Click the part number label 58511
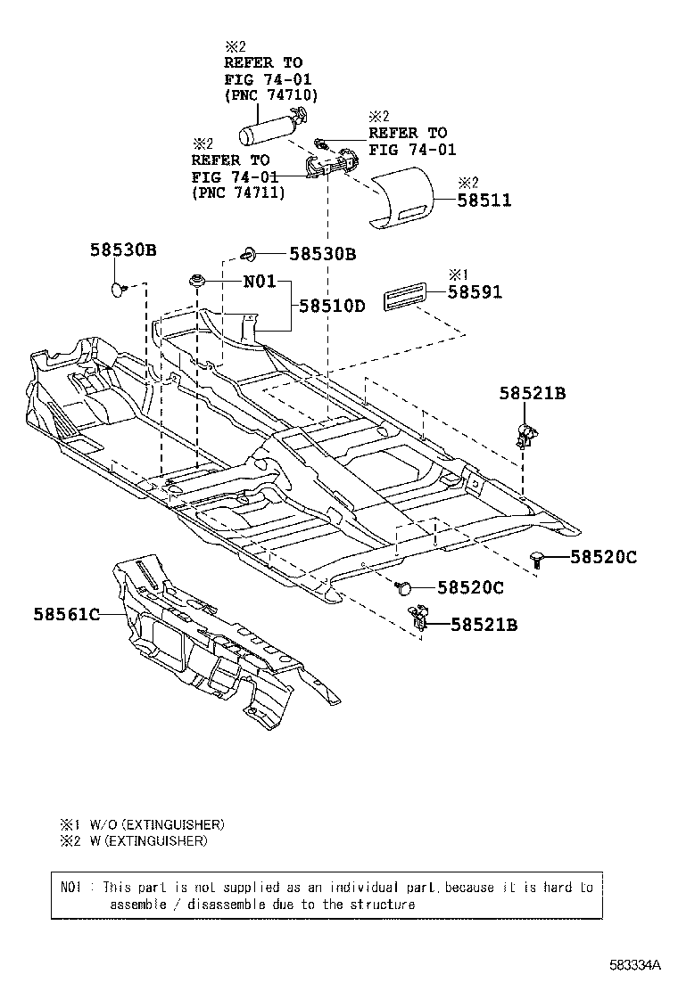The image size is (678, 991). [x=485, y=201]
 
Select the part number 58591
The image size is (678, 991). [x=475, y=291]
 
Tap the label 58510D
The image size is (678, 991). [x=332, y=306]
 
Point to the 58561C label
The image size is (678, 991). [x=66, y=613]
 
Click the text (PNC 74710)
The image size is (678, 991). [x=270, y=94]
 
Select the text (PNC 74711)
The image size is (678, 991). [x=238, y=192]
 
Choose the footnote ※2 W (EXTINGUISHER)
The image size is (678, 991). [x=134, y=840]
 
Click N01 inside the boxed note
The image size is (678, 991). [x=70, y=888]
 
